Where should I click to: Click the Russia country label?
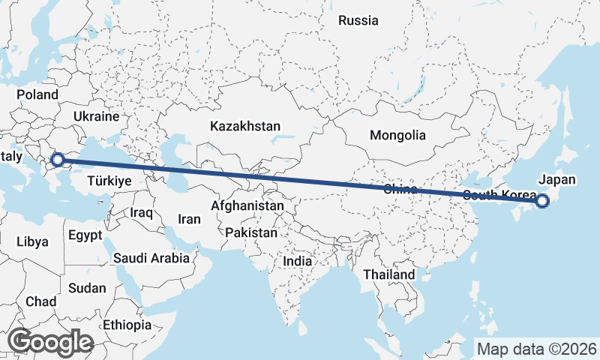(x=358, y=20)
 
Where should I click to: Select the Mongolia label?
(x=397, y=136)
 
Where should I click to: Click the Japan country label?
(x=557, y=180)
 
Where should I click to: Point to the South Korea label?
(x=499, y=196)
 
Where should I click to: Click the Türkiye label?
(x=109, y=181)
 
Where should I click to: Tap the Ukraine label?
(x=97, y=116)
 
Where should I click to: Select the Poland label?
(x=37, y=94)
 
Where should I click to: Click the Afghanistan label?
(x=247, y=205)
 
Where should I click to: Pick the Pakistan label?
(x=250, y=232)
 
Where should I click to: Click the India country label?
(x=298, y=261)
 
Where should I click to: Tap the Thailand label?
(x=389, y=274)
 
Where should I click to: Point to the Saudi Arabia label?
(x=151, y=258)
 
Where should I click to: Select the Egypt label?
(x=85, y=235)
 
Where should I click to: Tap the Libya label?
(x=32, y=241)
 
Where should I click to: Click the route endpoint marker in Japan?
(x=542, y=200)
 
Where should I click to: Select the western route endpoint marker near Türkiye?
(x=56, y=159)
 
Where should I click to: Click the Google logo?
(x=50, y=342)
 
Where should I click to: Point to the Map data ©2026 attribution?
(x=536, y=349)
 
